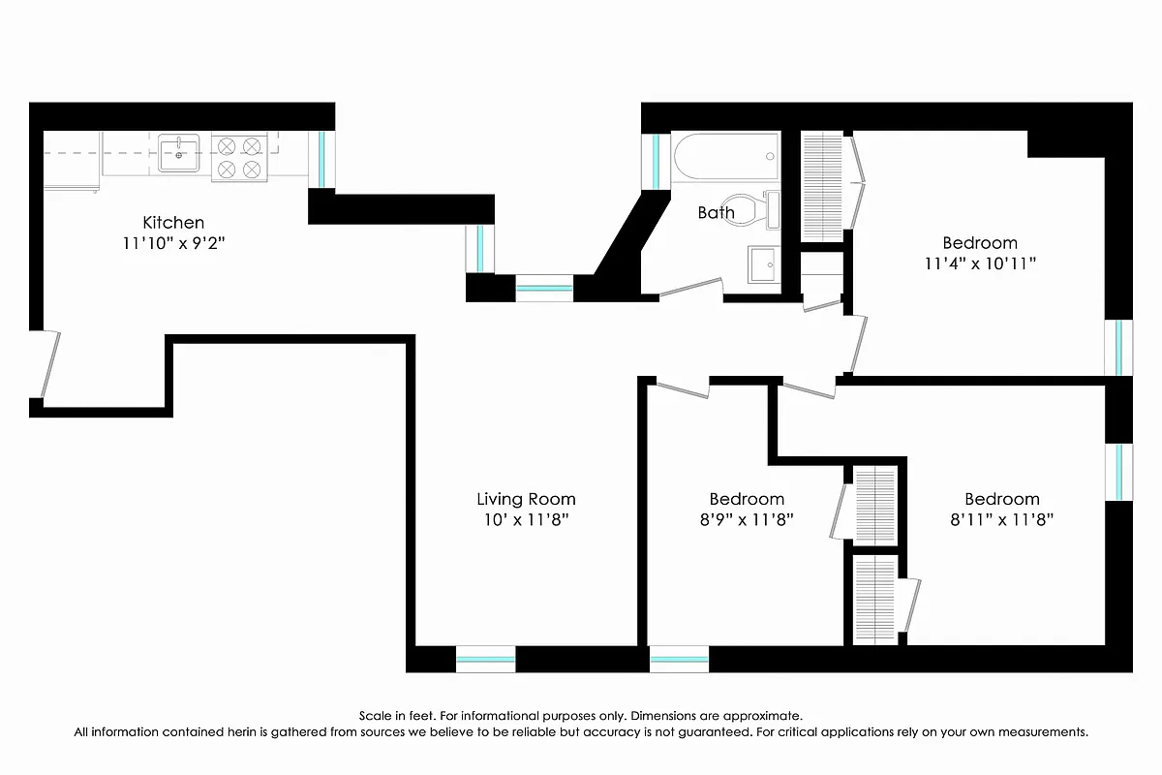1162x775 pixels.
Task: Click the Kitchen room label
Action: click(x=173, y=222)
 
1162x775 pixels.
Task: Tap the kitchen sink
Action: click(x=179, y=152)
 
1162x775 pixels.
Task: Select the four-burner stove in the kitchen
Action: click(x=239, y=157)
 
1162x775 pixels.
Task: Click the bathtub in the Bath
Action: click(x=725, y=156)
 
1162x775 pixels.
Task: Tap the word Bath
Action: click(x=716, y=212)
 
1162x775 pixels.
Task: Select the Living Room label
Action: click(x=526, y=499)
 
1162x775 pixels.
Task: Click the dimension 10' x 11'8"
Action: click(x=526, y=519)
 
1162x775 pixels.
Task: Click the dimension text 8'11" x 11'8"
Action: click(x=1001, y=519)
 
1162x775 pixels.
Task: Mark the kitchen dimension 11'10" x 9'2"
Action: click(x=173, y=243)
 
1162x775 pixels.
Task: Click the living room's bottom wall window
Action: click(x=485, y=661)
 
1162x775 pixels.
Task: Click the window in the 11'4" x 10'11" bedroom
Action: click(x=1118, y=347)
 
